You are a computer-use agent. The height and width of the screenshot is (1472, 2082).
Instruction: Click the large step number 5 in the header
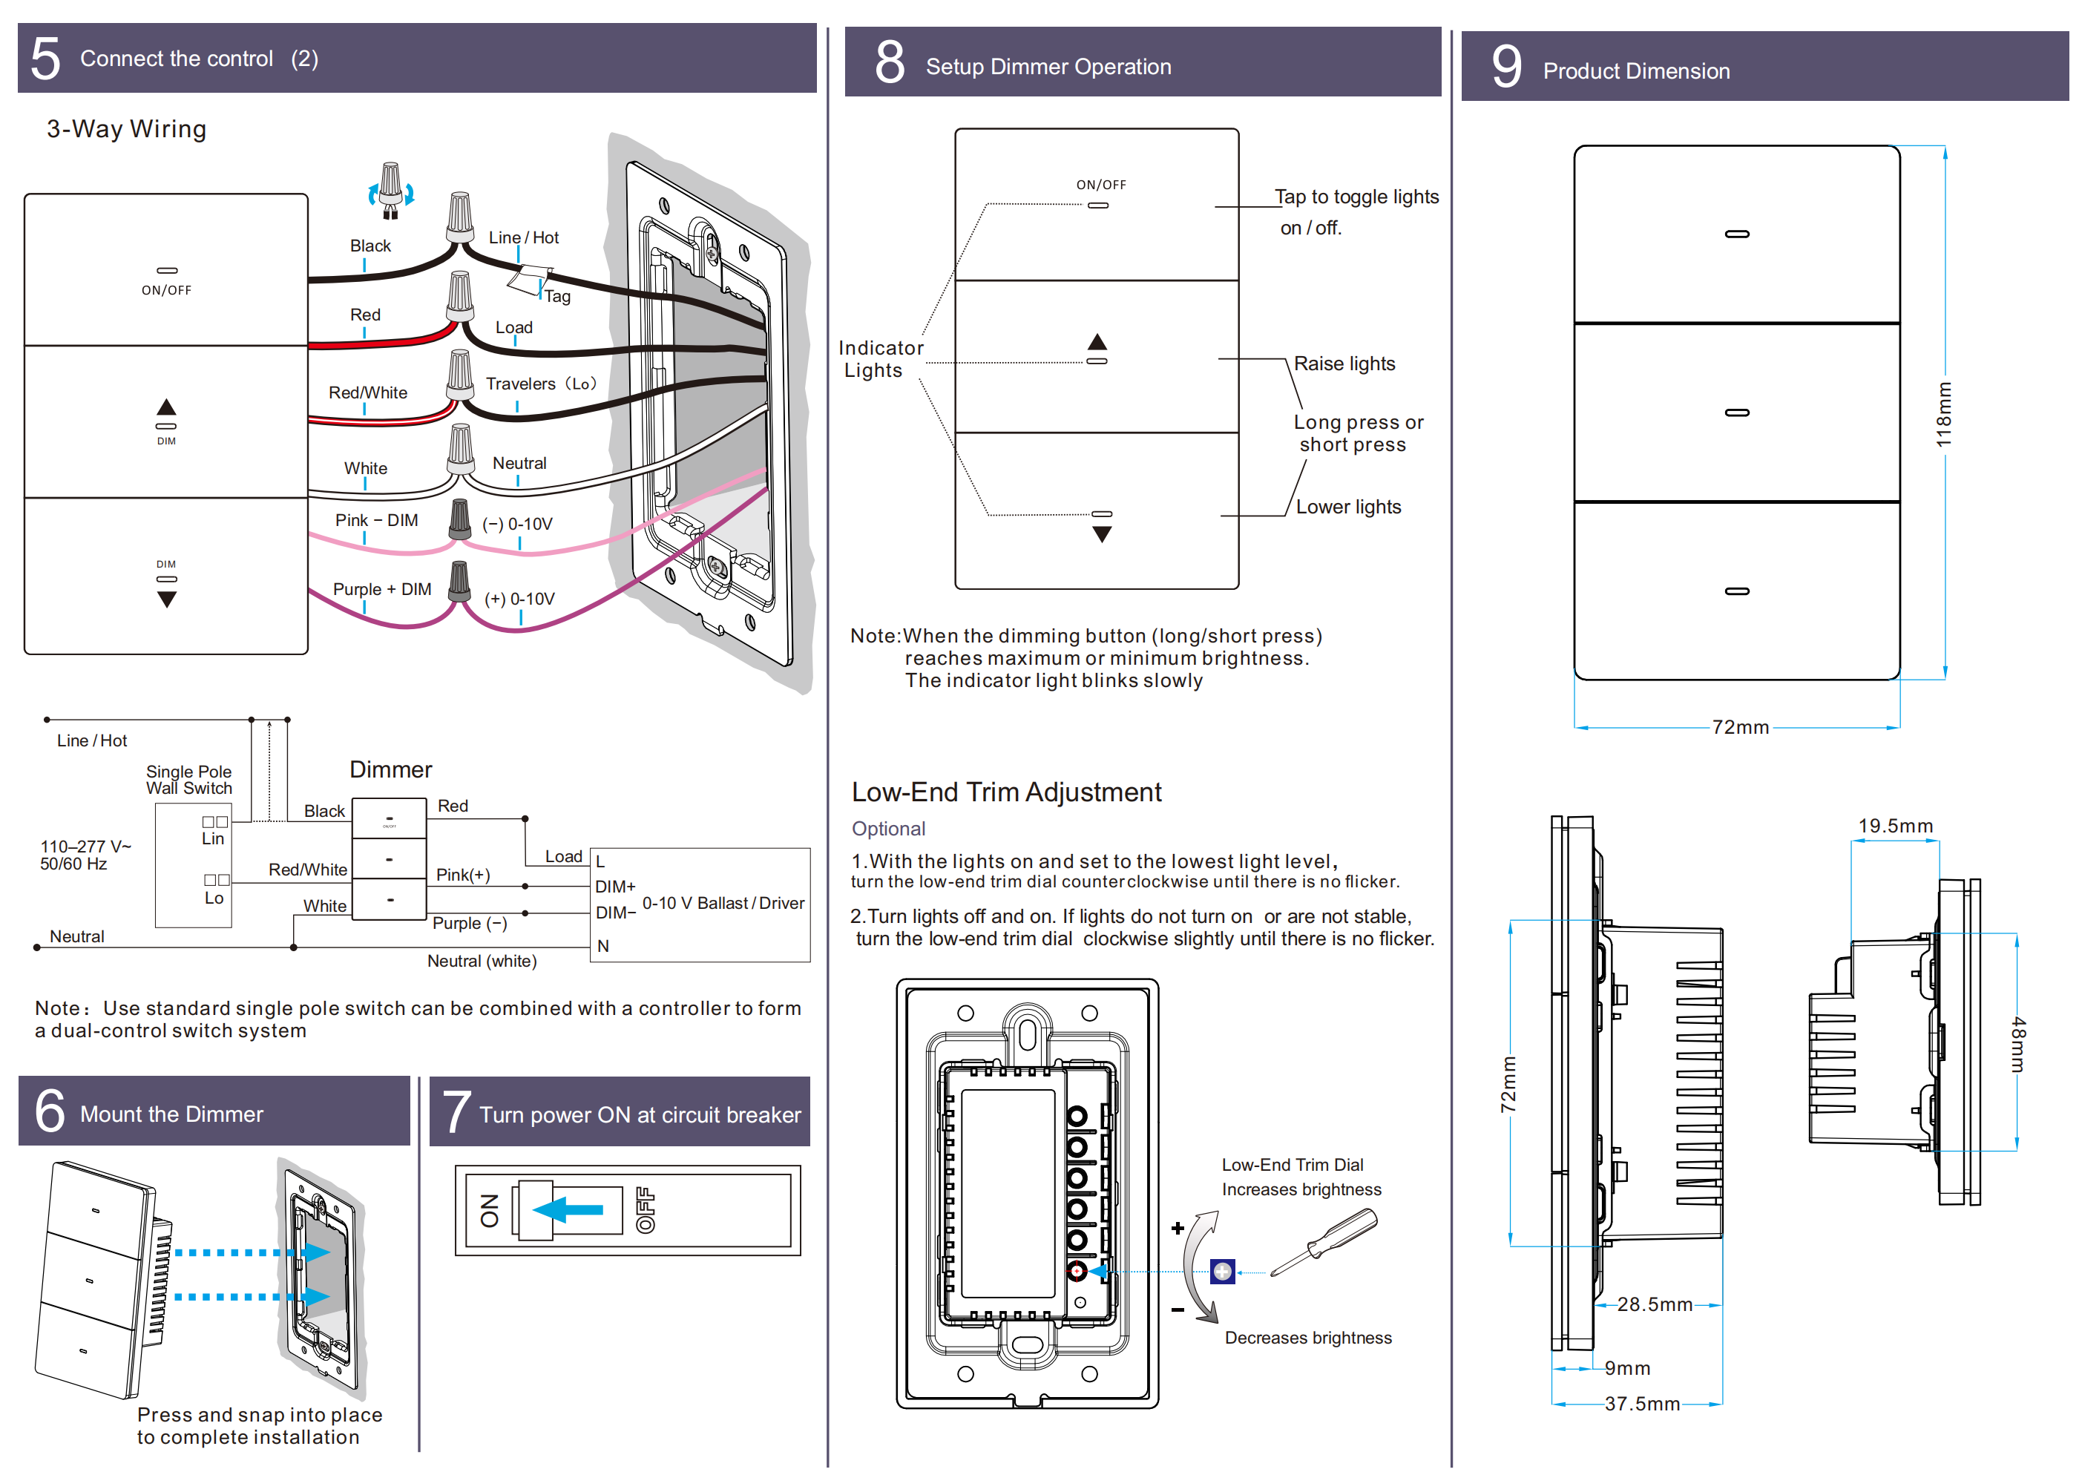tap(45, 59)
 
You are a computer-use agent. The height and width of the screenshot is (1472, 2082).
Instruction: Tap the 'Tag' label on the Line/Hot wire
tap(556, 297)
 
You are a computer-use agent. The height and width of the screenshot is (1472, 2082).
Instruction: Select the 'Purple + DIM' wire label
tap(382, 590)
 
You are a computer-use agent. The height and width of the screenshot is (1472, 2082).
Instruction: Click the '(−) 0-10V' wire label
tap(517, 525)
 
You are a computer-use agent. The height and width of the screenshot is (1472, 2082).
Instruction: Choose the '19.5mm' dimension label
tap(1895, 827)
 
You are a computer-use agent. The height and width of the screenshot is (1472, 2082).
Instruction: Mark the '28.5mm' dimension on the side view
tap(1654, 1304)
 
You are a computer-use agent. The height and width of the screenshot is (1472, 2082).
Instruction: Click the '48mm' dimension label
tap(2017, 1044)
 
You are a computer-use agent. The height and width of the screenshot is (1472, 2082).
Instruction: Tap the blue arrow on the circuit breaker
tap(568, 1210)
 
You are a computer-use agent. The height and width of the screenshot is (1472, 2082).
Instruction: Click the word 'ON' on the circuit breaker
tap(490, 1211)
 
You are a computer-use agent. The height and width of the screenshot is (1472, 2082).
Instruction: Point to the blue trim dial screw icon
tap(1222, 1272)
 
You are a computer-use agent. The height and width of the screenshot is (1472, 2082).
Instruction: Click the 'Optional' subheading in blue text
tap(887, 829)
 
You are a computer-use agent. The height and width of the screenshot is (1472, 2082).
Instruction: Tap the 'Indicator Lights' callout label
tap(879, 359)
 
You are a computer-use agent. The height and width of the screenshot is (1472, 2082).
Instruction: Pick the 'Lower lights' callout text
tap(1347, 507)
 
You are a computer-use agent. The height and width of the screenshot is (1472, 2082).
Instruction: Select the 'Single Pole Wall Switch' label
tap(188, 780)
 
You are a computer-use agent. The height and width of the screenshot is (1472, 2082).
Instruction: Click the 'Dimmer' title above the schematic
tap(391, 770)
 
